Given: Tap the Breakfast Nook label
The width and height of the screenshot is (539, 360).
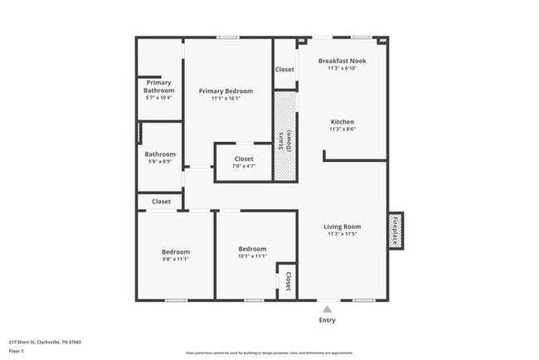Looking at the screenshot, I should click(342, 61).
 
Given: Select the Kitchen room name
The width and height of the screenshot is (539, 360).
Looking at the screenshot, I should click(342, 121).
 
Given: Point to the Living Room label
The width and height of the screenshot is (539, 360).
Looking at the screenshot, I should click(342, 226).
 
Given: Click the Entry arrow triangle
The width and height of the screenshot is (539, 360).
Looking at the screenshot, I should click(327, 309).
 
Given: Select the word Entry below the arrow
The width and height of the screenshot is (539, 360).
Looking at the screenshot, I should click(328, 320).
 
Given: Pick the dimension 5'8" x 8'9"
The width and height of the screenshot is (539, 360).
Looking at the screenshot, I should click(160, 162).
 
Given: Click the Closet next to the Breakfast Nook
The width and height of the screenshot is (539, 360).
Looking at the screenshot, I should click(284, 70).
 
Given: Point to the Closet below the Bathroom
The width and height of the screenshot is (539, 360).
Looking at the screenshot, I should click(161, 202).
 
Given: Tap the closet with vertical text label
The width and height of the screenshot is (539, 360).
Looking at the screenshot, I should click(288, 281).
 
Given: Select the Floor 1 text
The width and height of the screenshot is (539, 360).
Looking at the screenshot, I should click(17, 351).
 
